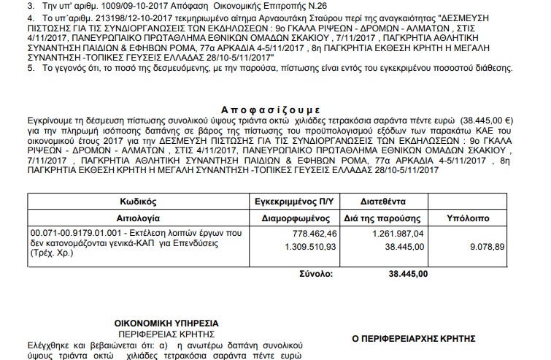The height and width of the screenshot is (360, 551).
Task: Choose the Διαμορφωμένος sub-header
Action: pos(297,217)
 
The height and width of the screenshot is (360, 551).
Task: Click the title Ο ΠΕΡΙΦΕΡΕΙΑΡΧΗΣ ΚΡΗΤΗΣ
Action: pos(413,338)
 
